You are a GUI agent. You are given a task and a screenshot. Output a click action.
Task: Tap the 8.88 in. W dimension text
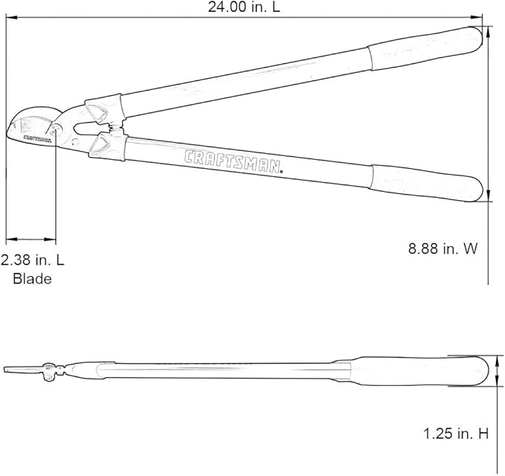pyautogui.click(x=443, y=249)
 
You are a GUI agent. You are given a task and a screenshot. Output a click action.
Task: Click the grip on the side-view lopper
pyautogui.click(x=420, y=371)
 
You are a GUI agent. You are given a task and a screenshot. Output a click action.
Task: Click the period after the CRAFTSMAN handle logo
pyautogui.click(x=283, y=172)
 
